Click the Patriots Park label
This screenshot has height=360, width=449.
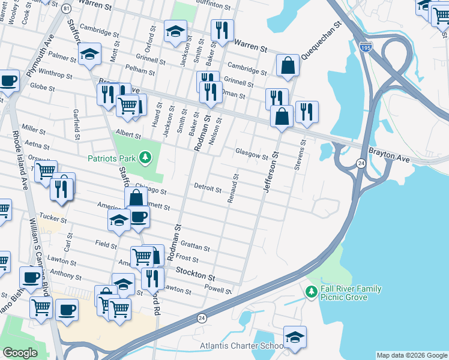click(x=111, y=159)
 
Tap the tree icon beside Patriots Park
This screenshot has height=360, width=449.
click(x=144, y=158)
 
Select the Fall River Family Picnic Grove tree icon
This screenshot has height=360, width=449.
click(x=311, y=292)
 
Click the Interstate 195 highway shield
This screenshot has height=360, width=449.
click(x=366, y=46)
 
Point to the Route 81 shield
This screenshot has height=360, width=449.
click(x=65, y=9)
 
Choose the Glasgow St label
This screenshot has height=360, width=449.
click(x=251, y=155)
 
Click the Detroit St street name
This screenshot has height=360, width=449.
click(x=208, y=187)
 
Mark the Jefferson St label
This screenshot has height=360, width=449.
click(x=270, y=173)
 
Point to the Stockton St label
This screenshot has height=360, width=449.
click(x=195, y=277)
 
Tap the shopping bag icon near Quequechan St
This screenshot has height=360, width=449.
click(x=288, y=66)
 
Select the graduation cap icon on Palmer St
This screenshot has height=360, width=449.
click(x=89, y=56)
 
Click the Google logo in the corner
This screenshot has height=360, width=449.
click(x=20, y=353)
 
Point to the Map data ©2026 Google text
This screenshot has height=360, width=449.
click(x=411, y=355)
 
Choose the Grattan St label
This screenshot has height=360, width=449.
click(x=196, y=247)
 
